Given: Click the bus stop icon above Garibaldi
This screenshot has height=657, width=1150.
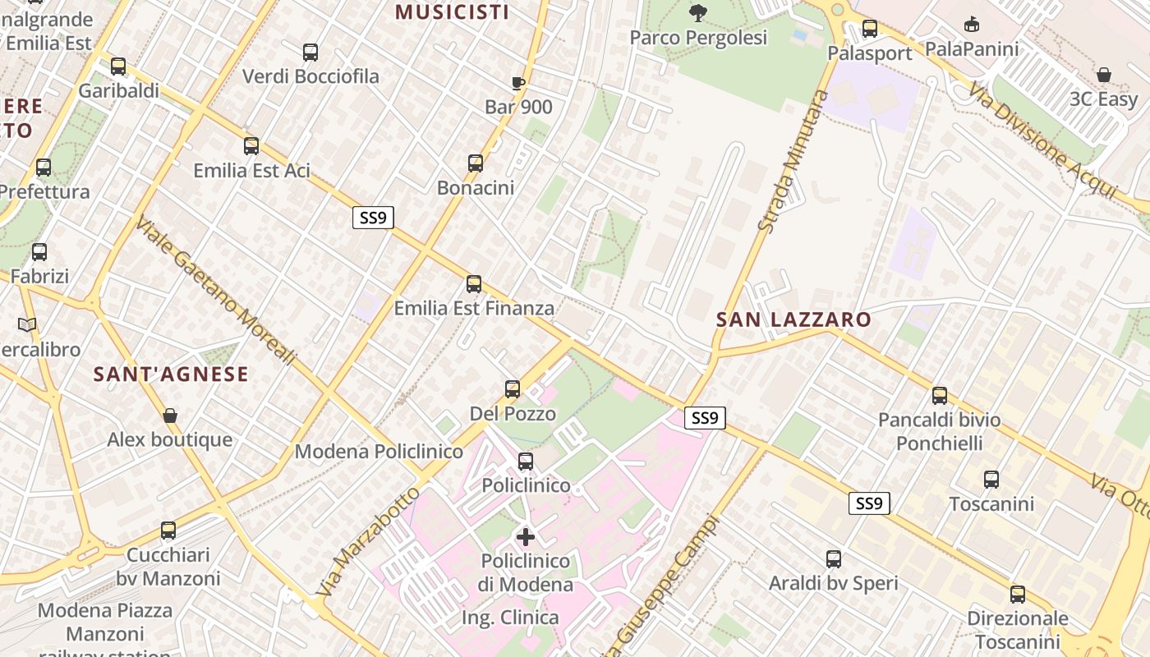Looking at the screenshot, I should pyautogui.click(x=118, y=67).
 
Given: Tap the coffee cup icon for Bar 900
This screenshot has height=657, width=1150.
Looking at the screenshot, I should pyautogui.click(x=517, y=83).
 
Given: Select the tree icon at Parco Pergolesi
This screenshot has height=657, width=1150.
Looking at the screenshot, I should pyautogui.click(x=698, y=12).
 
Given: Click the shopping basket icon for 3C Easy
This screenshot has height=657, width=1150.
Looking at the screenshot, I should pyautogui.click(x=1104, y=75).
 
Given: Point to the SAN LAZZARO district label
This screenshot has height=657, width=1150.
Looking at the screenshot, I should pyautogui.click(x=793, y=319).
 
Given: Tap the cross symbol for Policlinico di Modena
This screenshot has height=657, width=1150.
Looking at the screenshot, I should pyautogui.click(x=526, y=537).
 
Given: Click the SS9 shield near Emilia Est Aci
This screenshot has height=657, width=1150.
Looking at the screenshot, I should pyautogui.click(x=373, y=218).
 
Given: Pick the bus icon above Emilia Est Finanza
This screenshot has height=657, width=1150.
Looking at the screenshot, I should pyautogui.click(x=474, y=284).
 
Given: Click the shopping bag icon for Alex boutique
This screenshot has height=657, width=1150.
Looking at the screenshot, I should pyautogui.click(x=170, y=416).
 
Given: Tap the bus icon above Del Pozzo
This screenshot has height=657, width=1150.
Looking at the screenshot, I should pyautogui.click(x=513, y=388).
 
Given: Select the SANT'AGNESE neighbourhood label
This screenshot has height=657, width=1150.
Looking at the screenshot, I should pyautogui.click(x=171, y=374).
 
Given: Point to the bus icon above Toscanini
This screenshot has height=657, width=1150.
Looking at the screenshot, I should pyautogui.click(x=991, y=480).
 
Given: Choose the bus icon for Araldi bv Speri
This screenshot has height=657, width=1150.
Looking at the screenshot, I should pyautogui.click(x=834, y=559).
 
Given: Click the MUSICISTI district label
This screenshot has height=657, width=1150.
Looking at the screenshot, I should pyautogui.click(x=452, y=11).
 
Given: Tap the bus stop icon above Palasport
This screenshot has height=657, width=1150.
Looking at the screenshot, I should pyautogui.click(x=870, y=30).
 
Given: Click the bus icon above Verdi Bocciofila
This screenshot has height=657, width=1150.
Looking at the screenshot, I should pyautogui.click(x=310, y=53).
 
